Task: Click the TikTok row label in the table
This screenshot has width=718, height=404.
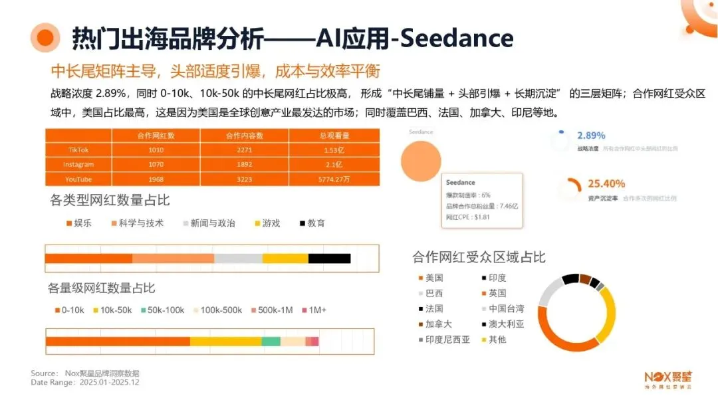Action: point(78,150)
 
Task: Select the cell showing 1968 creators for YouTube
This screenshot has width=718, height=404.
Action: point(156,179)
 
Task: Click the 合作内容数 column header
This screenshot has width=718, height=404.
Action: point(243,135)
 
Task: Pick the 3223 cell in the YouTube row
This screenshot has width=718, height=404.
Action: point(243,179)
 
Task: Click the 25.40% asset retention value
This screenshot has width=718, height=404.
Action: point(606,183)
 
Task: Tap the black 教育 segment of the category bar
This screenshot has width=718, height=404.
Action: point(329,258)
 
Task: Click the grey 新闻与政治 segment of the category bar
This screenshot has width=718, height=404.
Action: point(238,258)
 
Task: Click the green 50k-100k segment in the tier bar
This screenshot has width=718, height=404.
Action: point(271,341)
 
